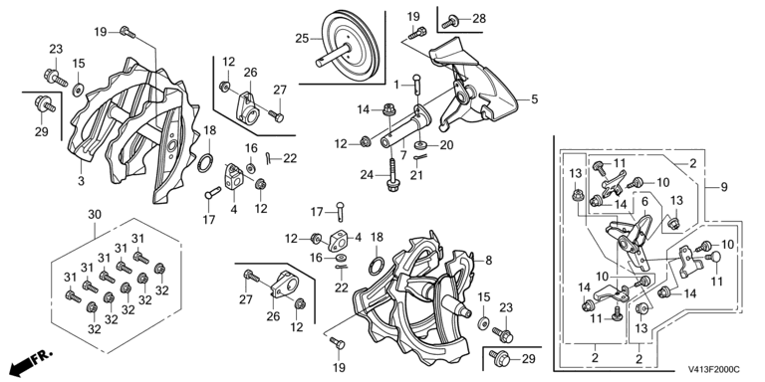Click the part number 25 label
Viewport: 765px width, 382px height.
point(302,38)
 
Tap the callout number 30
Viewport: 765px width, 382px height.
point(95,214)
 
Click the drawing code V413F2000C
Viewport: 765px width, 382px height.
point(714,370)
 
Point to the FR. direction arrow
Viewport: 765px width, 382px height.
point(30,361)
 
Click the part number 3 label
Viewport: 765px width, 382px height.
point(81,181)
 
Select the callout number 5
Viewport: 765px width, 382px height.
point(535,99)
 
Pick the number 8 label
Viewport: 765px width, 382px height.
point(488,260)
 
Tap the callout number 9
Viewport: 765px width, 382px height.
point(723,187)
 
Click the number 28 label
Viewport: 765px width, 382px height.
point(479,19)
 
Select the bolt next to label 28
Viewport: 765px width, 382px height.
point(450,22)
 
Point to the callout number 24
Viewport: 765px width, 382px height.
point(367,174)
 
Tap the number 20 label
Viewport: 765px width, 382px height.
point(446,144)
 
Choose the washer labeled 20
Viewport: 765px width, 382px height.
point(420,145)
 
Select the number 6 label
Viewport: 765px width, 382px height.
point(644,201)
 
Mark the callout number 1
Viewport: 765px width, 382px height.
point(396,85)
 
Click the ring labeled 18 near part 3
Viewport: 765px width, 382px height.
point(206,163)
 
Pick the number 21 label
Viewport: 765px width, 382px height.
point(416,175)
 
